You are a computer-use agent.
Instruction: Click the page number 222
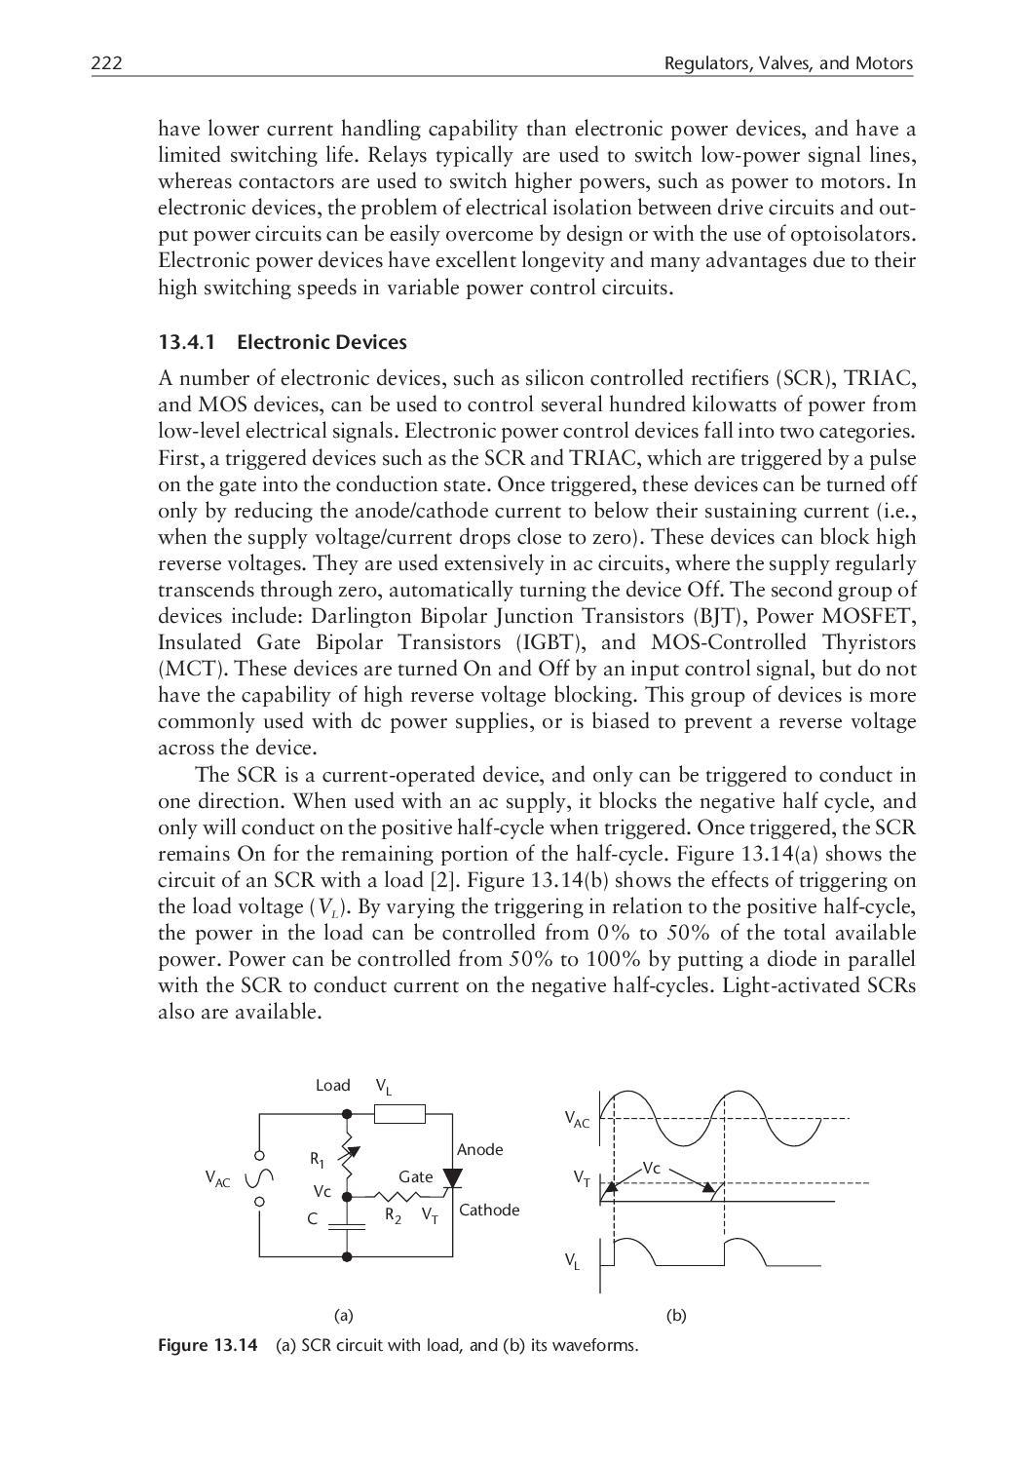pyautogui.click(x=106, y=64)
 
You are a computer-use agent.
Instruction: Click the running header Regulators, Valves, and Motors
pyautogui.click(x=788, y=64)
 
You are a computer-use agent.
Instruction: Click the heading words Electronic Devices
pyautogui.click(x=322, y=342)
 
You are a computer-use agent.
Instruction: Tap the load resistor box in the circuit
pyautogui.click(x=399, y=1113)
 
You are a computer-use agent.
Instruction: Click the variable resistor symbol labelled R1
pyautogui.click(x=346, y=1156)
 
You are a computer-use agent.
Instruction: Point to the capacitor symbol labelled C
pyautogui.click(x=346, y=1221)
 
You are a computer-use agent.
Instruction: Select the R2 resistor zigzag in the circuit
pyautogui.click(x=396, y=1195)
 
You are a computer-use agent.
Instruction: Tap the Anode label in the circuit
pyautogui.click(x=479, y=1149)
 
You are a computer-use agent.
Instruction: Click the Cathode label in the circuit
pyautogui.click(x=489, y=1210)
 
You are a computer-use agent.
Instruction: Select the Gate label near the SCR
pyautogui.click(x=415, y=1176)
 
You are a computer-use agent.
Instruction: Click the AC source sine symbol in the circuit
pyautogui.click(x=259, y=1178)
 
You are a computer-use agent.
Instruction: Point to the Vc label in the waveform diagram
pyautogui.click(x=652, y=1168)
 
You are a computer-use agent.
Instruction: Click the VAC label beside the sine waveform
pyautogui.click(x=577, y=1120)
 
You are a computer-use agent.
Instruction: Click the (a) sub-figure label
pyautogui.click(x=343, y=1315)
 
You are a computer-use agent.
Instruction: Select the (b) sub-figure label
pyautogui.click(x=676, y=1315)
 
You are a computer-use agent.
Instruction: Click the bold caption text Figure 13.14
pyautogui.click(x=208, y=1346)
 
